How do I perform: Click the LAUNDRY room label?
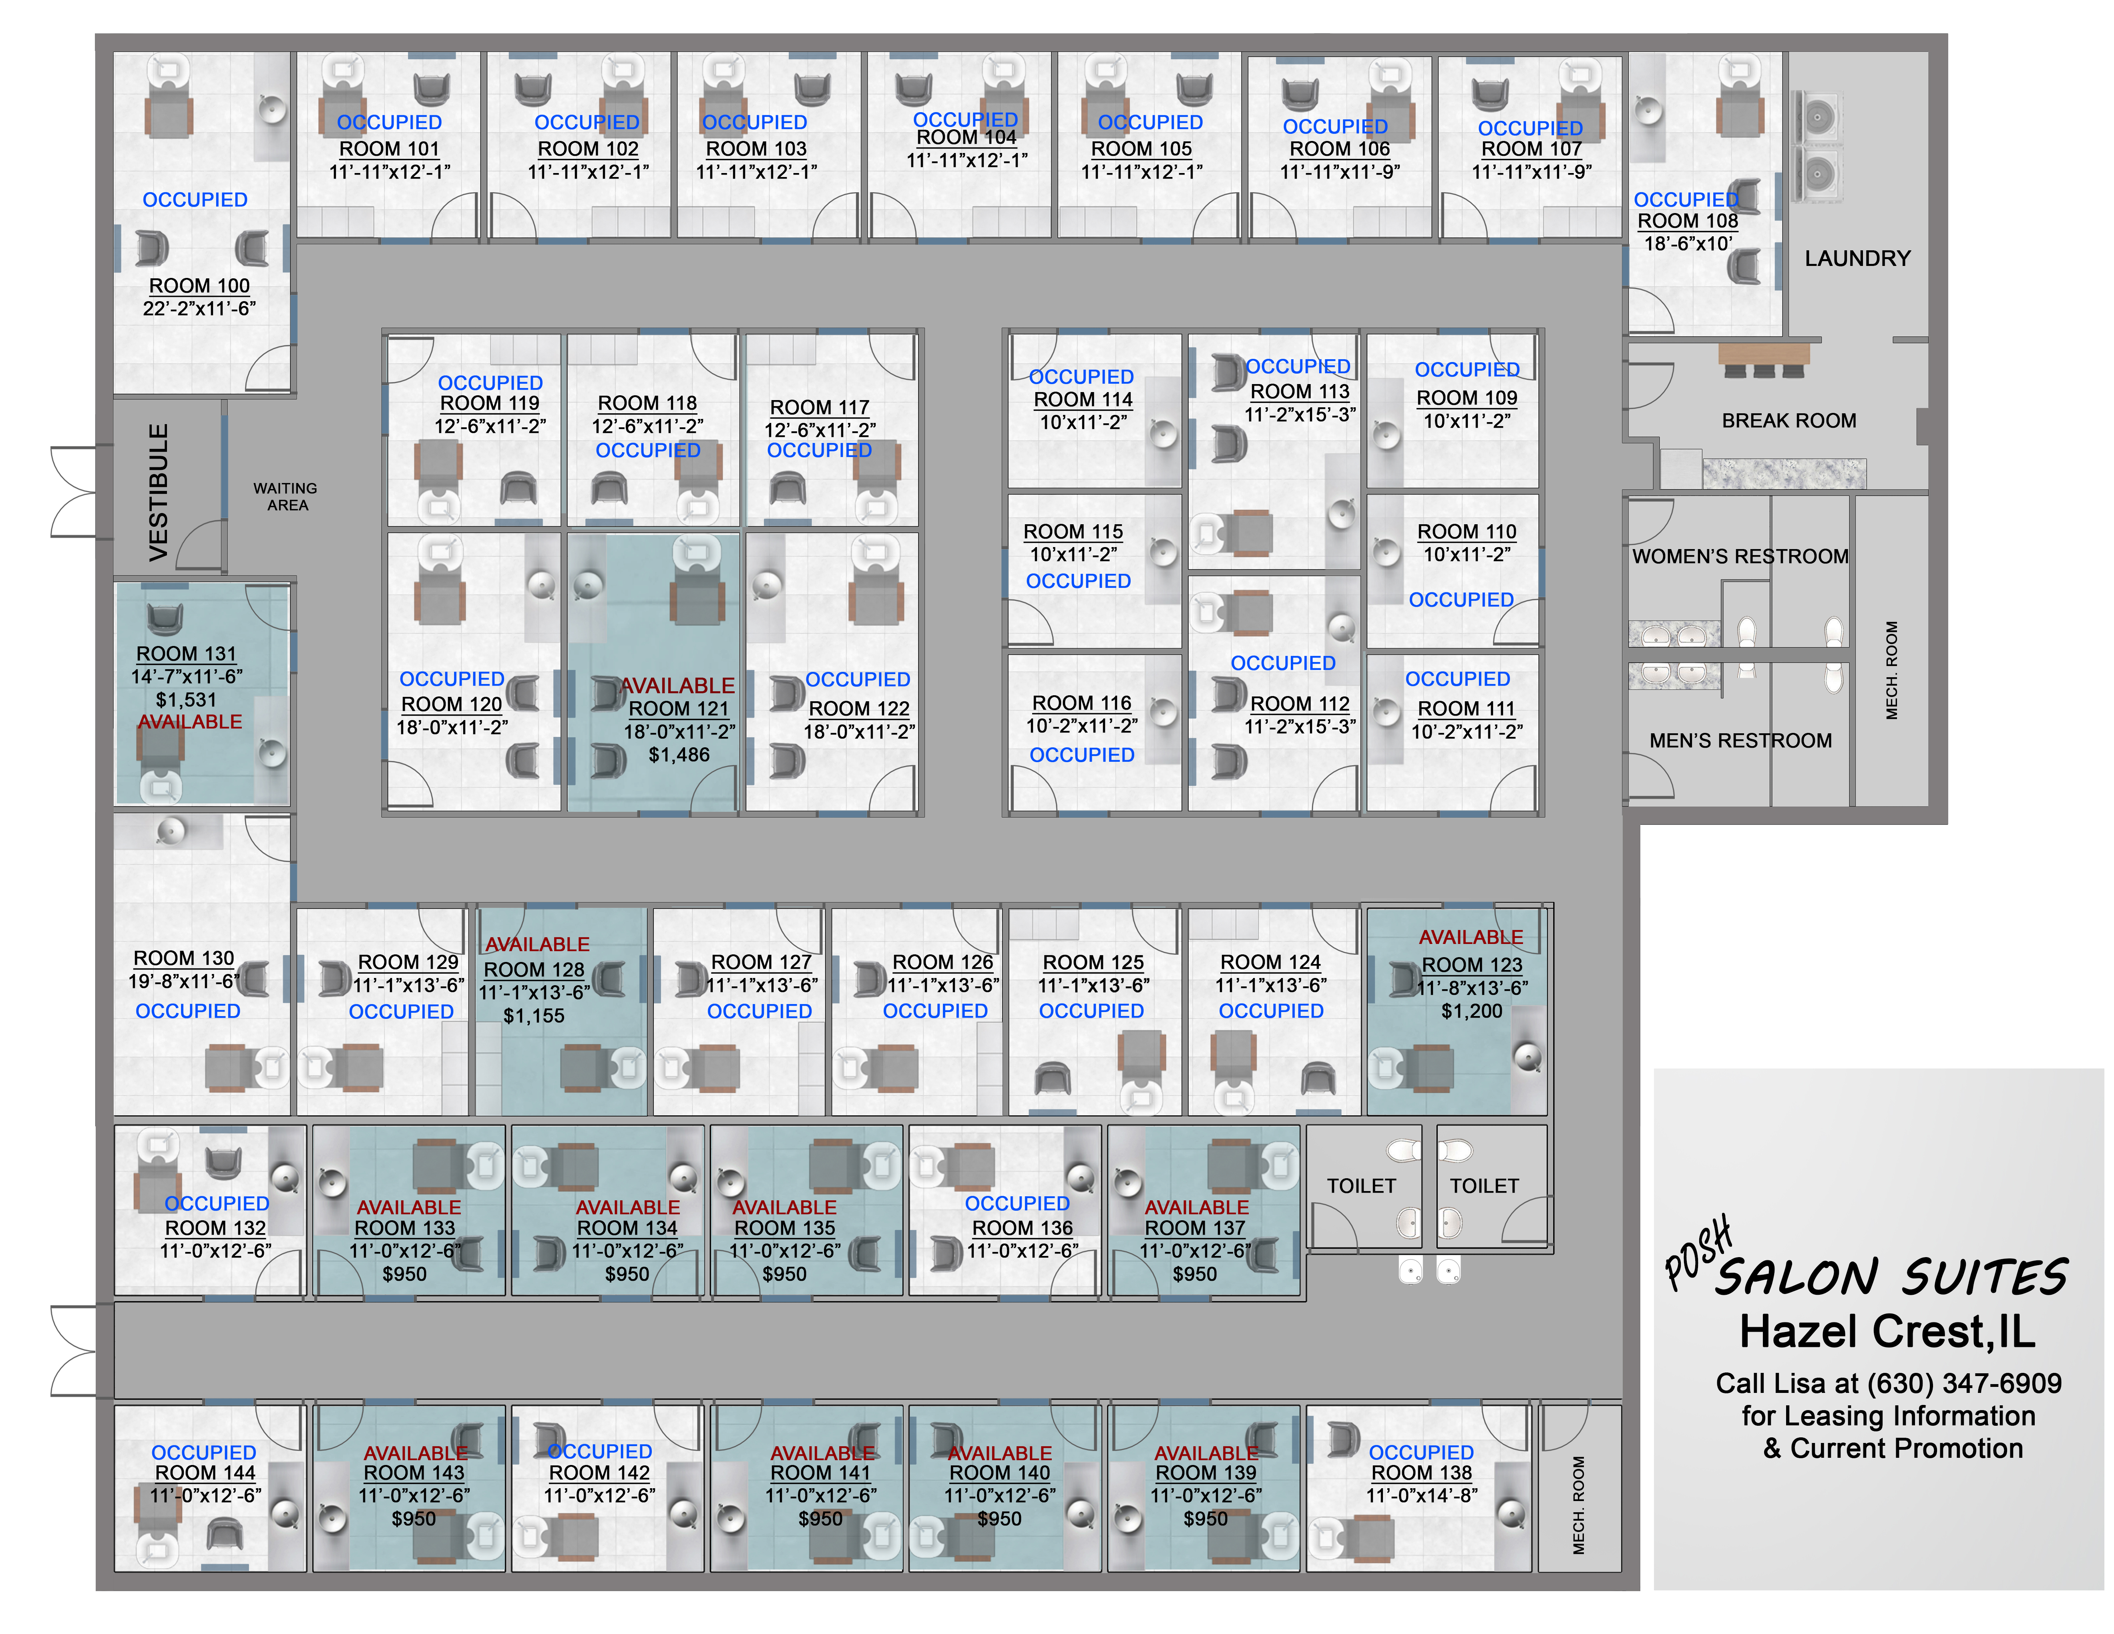[x=1857, y=258]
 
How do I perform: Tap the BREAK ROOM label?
[x=1788, y=420]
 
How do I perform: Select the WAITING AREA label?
[x=285, y=497]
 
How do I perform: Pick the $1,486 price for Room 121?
[x=679, y=754]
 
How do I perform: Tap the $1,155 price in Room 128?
[x=533, y=1015]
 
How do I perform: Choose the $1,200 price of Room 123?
[x=1471, y=1010]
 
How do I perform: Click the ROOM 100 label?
[x=199, y=286]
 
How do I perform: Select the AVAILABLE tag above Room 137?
[x=1196, y=1207]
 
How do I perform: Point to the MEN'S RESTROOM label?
[x=1739, y=741]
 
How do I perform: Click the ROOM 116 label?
[x=1081, y=703]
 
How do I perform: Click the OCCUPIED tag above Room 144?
[x=203, y=1452]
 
